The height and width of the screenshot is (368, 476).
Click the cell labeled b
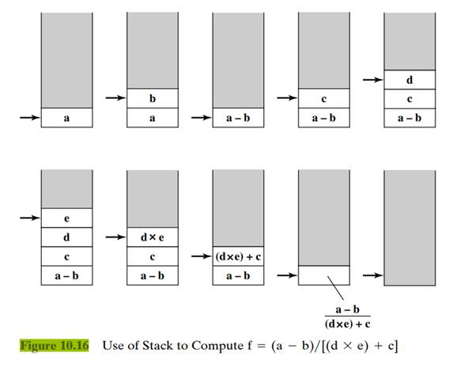153,98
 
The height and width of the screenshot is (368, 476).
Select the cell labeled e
66,217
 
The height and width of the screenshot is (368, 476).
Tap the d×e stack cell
153,237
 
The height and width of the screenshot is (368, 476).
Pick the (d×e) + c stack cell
238,256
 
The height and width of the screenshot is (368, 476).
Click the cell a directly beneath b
153,117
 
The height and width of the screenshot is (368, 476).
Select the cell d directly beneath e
66,237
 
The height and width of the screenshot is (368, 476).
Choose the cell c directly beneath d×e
153,256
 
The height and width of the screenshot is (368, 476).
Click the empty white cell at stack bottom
323,275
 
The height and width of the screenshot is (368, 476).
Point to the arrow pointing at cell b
115,98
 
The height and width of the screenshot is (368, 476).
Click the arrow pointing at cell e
29,217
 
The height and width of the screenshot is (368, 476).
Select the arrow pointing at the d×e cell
115,237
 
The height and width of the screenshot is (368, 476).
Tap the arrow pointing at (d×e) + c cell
201,256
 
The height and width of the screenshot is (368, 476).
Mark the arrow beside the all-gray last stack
372,275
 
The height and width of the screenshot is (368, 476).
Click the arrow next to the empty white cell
286,275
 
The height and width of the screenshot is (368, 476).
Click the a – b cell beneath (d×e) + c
238,275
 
